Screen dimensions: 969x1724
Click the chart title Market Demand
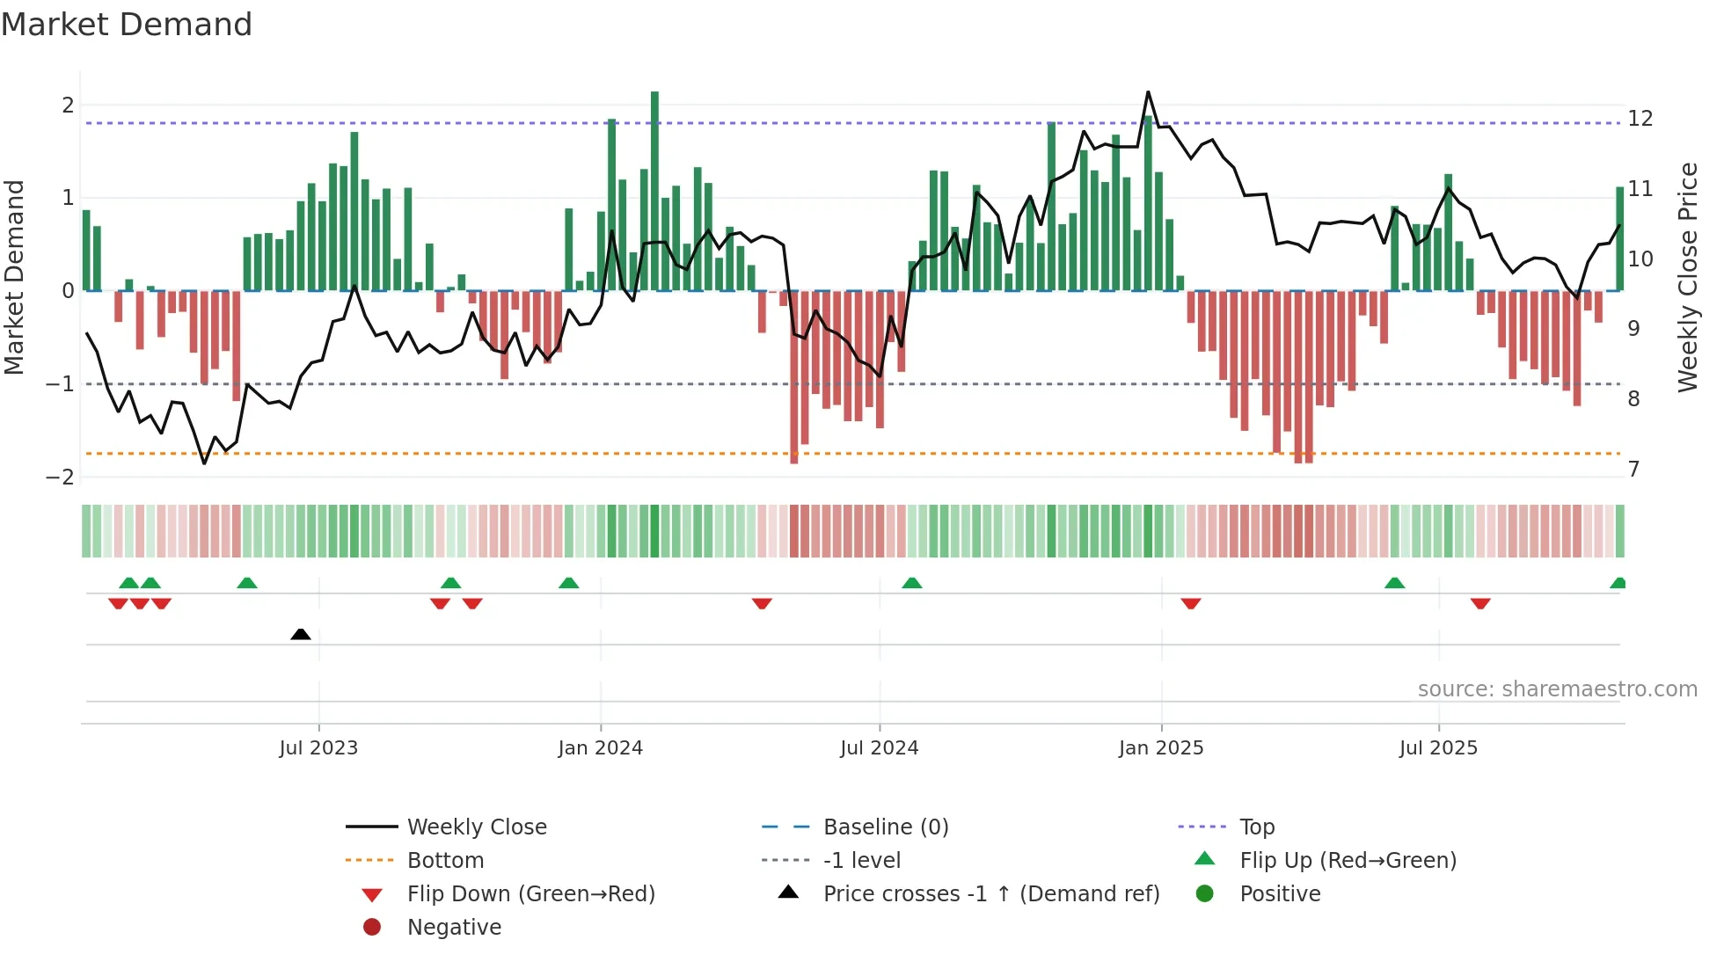(x=127, y=25)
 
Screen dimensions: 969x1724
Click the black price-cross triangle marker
(x=301, y=634)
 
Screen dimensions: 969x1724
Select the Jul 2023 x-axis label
(x=318, y=748)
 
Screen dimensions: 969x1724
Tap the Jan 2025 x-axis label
(x=1161, y=748)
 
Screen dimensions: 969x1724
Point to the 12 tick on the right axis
(x=1640, y=119)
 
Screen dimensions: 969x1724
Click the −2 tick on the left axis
(x=61, y=477)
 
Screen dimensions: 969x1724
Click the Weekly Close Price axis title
(x=1687, y=277)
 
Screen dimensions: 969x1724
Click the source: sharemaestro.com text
(x=1557, y=689)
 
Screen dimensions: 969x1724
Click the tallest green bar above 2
(x=654, y=189)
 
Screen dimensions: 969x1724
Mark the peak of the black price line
(x=1148, y=92)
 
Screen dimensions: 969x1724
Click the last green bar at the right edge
(x=1619, y=237)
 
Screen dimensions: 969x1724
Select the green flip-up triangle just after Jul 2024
(x=912, y=583)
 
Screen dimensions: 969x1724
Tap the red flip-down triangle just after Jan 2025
(x=1191, y=603)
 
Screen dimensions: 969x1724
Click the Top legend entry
(x=1256, y=827)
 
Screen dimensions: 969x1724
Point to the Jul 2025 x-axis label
(x=1438, y=748)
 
